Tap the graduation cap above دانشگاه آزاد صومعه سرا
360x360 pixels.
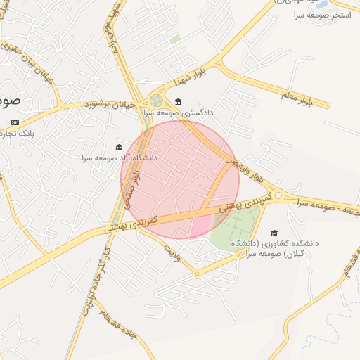click(119, 147)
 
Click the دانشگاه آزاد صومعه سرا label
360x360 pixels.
click(119, 157)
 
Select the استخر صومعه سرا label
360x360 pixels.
click(319, 15)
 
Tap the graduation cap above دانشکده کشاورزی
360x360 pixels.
click(274, 233)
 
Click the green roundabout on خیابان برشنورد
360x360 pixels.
click(155, 101)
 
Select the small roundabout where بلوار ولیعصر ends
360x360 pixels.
click(279, 195)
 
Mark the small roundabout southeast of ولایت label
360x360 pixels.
click(198, 274)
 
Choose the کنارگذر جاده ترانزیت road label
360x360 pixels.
click(95, 281)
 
